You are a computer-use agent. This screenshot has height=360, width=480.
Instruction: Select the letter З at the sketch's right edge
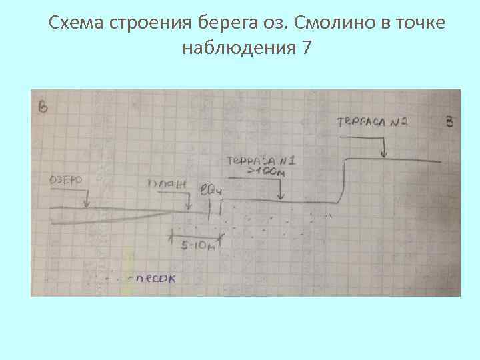449,121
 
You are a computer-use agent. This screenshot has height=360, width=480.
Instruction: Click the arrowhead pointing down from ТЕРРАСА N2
384,155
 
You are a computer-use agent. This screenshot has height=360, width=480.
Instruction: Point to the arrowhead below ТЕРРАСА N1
281,198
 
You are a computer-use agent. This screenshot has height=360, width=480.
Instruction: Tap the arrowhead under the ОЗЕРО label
86,205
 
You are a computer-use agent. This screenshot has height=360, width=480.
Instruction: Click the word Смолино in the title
330,24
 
